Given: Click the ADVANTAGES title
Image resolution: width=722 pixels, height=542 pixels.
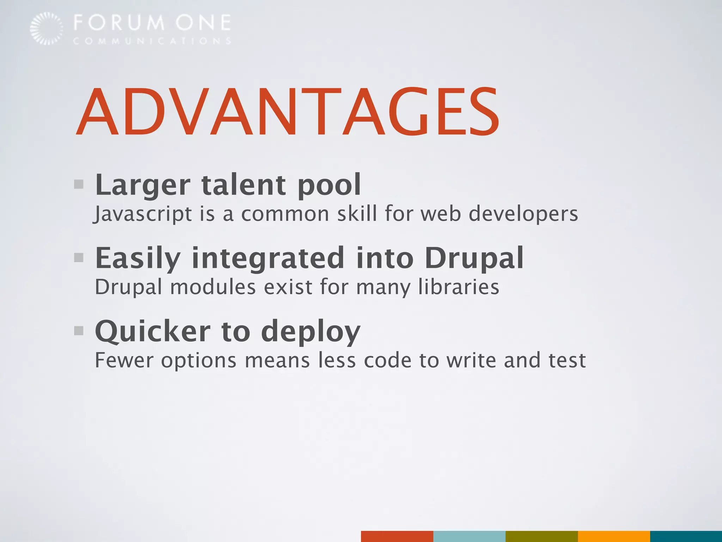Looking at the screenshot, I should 287,112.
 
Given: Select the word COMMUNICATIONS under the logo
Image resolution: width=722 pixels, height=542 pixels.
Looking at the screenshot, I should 152,41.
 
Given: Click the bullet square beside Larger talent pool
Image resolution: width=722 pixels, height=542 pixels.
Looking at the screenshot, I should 79,184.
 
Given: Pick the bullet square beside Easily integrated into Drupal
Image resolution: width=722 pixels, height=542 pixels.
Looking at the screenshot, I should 79,258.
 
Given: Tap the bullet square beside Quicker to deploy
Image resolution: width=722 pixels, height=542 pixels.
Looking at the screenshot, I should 79,331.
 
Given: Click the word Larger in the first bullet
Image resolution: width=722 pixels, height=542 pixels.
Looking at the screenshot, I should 143,185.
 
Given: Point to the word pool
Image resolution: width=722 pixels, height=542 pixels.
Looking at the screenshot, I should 330,185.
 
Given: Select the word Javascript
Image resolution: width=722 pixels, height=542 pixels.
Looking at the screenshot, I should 142,214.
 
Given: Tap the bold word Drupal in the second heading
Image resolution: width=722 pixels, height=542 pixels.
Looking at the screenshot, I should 474,258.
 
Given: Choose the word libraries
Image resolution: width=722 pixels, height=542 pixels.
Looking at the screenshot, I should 459,287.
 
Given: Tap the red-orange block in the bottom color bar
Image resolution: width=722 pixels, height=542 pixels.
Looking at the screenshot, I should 397,536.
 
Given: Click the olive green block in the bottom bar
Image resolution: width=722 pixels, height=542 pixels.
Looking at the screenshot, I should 541,536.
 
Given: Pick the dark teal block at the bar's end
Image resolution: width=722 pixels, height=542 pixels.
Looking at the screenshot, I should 686,536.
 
